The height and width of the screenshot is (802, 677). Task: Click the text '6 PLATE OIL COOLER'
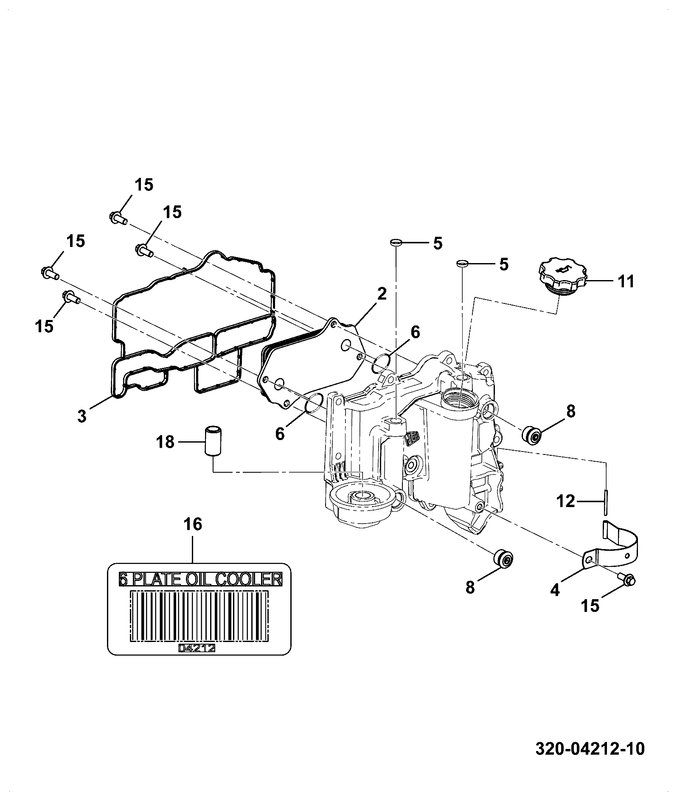[200, 579]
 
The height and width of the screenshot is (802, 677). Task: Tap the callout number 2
[382, 294]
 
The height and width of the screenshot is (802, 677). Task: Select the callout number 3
[82, 415]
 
